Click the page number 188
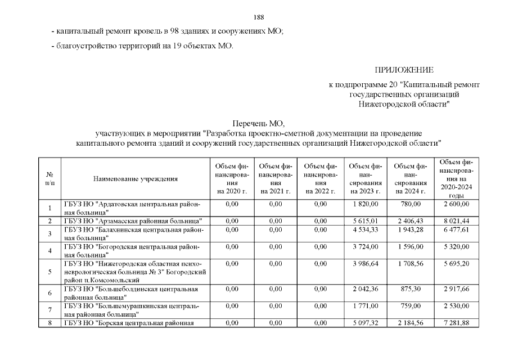[259, 16]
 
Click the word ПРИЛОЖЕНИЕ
[404, 70]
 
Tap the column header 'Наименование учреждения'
[136, 179]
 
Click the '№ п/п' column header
[49, 179]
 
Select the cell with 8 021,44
[456, 221]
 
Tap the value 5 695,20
[456, 264]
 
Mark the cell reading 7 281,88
[456, 323]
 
